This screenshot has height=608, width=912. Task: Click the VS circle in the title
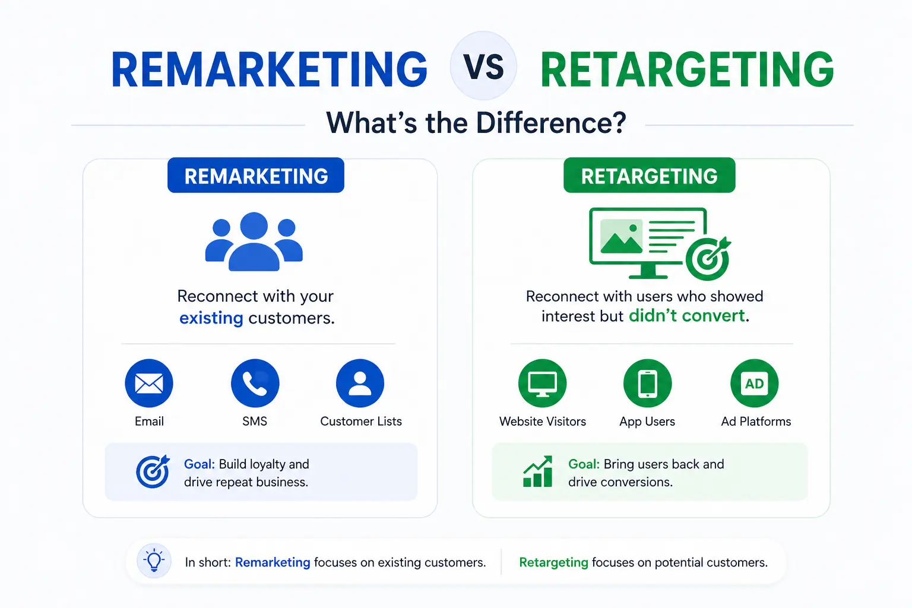(x=483, y=66)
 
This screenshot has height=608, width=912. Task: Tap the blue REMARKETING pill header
(x=256, y=176)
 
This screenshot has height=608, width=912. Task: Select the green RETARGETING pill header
(x=650, y=176)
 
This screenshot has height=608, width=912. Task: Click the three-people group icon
(x=254, y=242)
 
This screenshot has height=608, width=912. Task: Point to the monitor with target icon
(x=660, y=244)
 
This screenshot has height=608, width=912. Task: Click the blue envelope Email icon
(x=149, y=383)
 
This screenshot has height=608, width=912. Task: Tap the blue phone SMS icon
(x=255, y=383)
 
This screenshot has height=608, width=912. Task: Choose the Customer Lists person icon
(x=360, y=383)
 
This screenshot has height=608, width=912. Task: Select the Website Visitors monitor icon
(x=542, y=383)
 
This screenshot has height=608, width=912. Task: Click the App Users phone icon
(x=647, y=383)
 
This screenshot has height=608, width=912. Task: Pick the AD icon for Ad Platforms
(x=755, y=383)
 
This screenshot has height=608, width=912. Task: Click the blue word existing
(x=211, y=318)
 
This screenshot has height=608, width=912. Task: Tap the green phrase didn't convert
(x=687, y=316)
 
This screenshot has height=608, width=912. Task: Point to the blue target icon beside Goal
(x=153, y=471)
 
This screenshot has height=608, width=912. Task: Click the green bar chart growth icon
(x=538, y=471)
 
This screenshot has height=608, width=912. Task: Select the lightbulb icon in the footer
(x=154, y=560)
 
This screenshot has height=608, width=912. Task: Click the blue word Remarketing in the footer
(x=273, y=562)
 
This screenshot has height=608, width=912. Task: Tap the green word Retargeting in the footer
(x=554, y=562)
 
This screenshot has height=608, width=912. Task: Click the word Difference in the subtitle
(x=551, y=122)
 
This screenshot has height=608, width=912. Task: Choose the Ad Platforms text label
(x=756, y=421)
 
